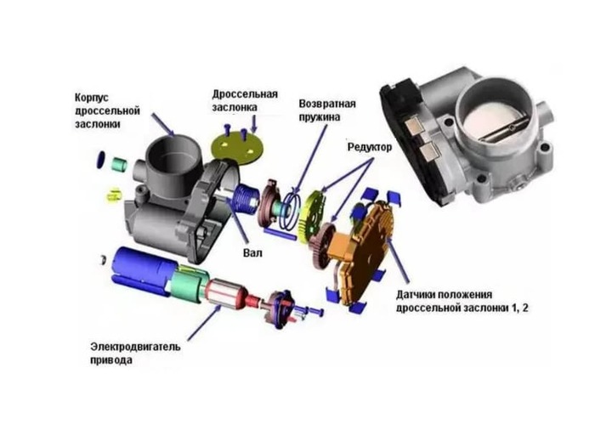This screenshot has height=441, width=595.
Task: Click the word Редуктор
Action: click(x=370, y=147)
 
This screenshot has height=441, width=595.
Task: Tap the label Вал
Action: click(x=252, y=252)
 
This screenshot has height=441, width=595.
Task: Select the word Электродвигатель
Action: click(x=135, y=347)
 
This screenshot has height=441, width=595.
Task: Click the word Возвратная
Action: click(x=327, y=104)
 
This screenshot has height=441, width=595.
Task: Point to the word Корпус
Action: click(x=92, y=98)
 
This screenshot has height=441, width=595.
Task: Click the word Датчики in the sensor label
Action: click(x=416, y=295)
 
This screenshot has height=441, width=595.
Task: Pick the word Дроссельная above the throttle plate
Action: click(x=245, y=93)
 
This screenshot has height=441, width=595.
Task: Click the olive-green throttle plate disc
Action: click(x=237, y=148)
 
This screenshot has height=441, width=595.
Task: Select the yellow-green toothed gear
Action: click(x=311, y=216)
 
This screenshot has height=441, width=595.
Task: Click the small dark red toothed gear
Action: click(x=322, y=246)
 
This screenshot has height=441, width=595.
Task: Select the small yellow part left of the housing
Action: click(x=114, y=195)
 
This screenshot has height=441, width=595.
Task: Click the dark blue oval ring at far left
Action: click(x=101, y=160)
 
